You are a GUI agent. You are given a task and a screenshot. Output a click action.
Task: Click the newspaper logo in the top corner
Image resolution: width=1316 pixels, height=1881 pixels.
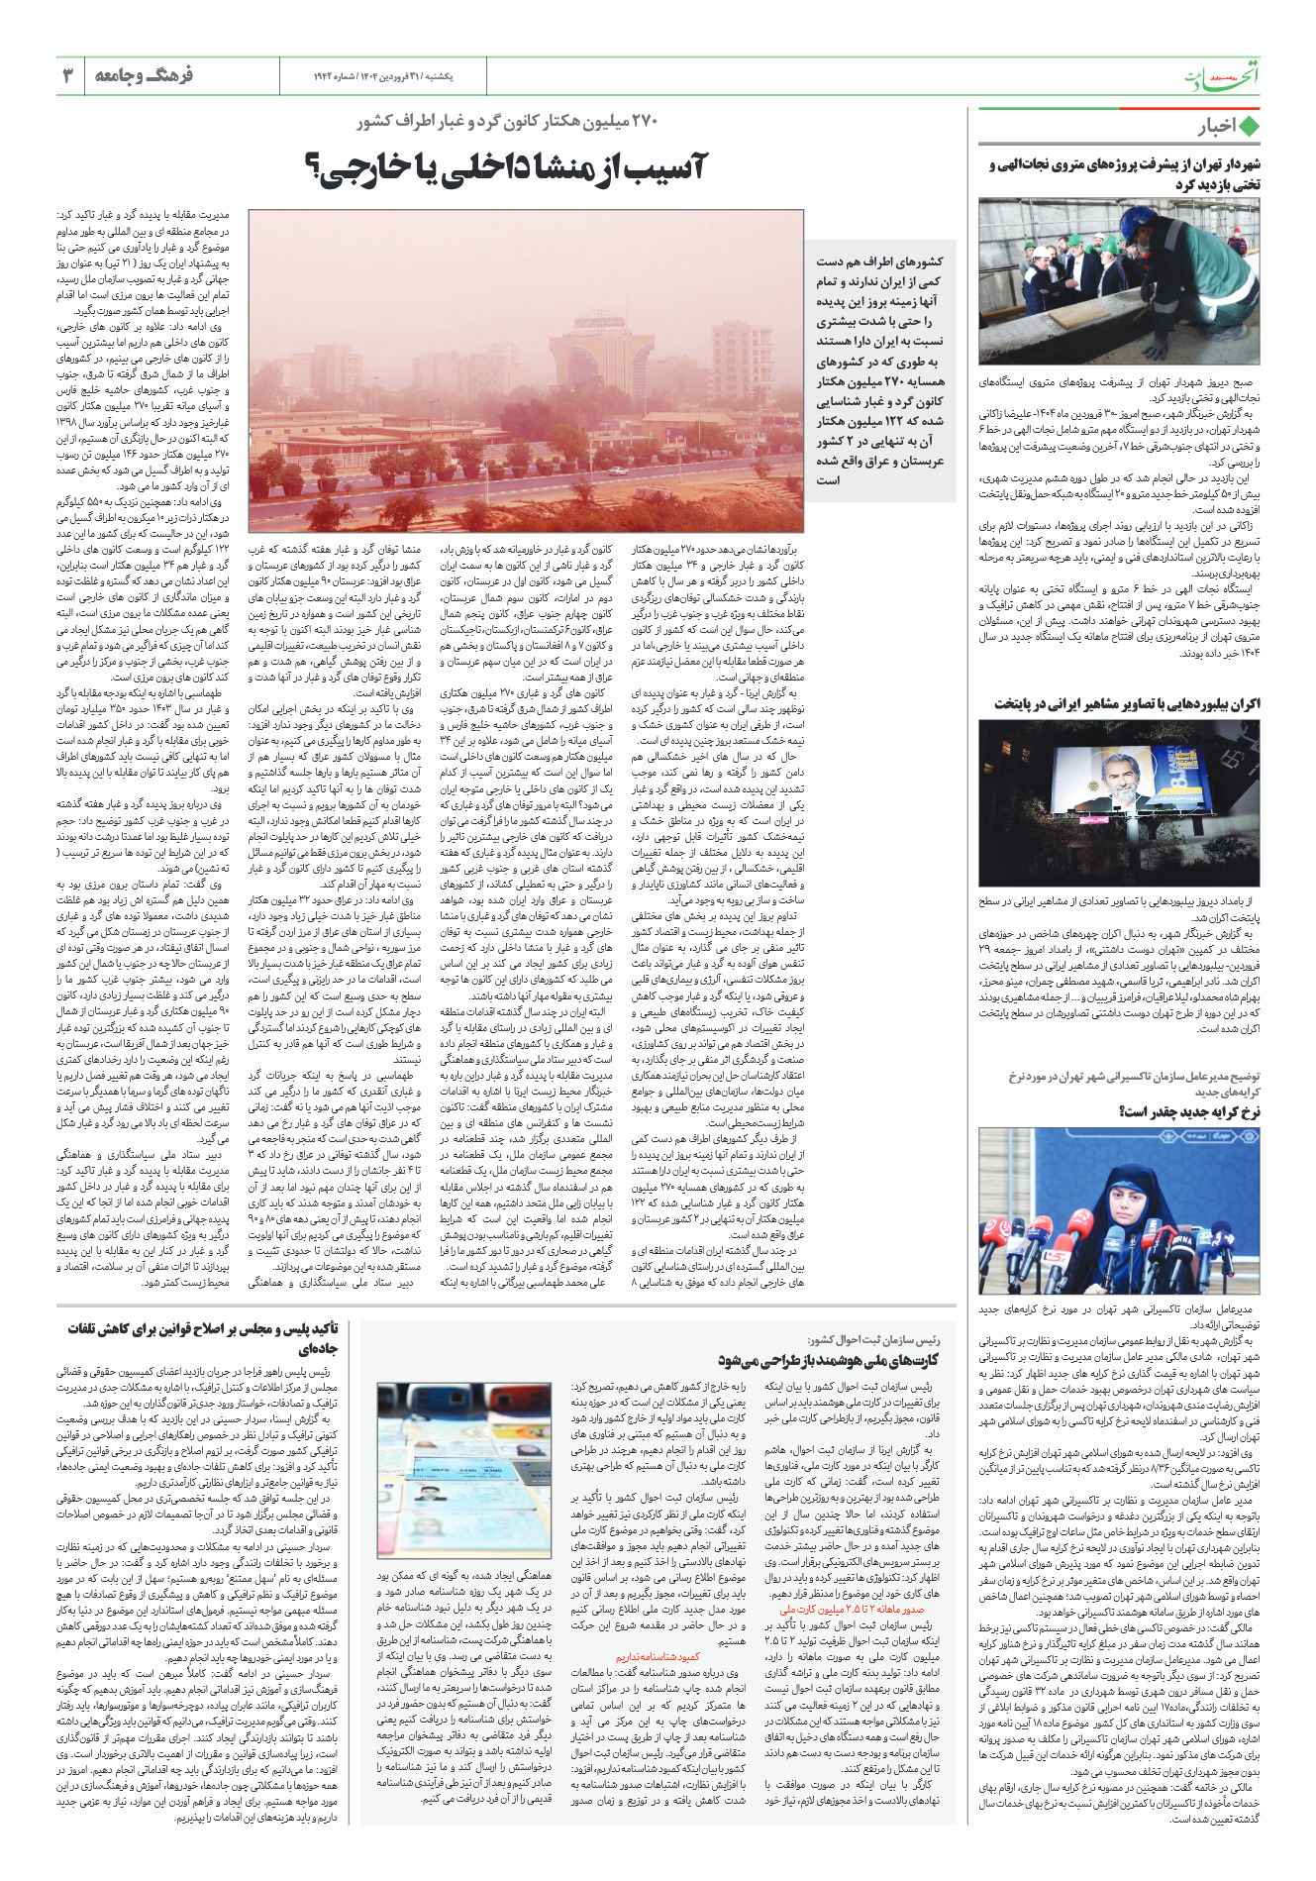[x=1223, y=76]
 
